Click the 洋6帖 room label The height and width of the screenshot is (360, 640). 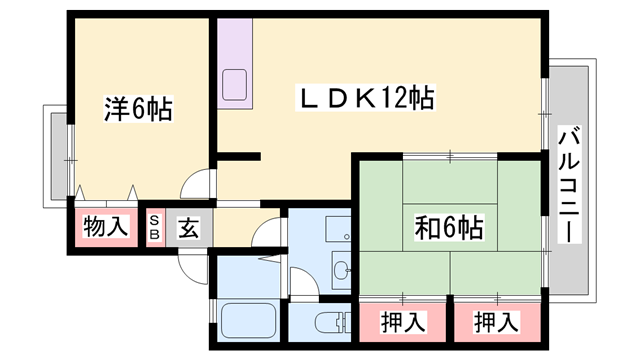click(x=138, y=109)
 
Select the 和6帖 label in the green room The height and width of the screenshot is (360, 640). click(x=449, y=228)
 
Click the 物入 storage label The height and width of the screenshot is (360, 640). click(x=106, y=227)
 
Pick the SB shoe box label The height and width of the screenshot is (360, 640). click(x=156, y=227)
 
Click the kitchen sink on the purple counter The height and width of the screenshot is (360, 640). click(x=237, y=82)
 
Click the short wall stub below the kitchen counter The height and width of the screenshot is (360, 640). click(x=238, y=155)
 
